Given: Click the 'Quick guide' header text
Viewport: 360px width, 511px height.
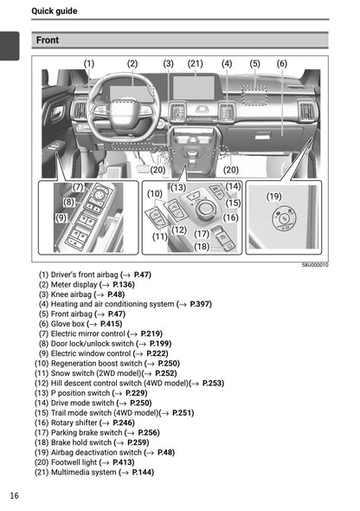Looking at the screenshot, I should coord(54,11).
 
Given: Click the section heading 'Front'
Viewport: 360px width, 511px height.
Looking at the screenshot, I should coord(48,40).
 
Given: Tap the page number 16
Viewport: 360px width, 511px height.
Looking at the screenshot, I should coord(15,495).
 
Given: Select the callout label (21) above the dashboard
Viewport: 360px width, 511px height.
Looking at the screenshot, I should coord(196,63).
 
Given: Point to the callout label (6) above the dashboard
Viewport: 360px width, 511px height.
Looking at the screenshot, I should coord(282,63).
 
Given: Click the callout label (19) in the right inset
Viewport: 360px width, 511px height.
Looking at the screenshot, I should coord(274,197).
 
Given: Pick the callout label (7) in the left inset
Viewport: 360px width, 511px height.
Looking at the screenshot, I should coord(78,187).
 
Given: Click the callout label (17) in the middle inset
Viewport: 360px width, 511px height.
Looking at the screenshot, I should coord(202,234).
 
